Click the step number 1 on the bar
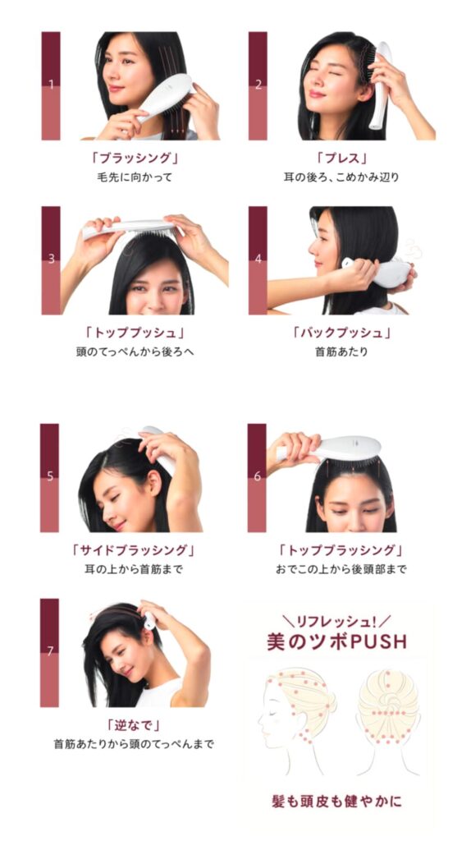tap(51, 85)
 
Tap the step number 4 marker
tap(258, 259)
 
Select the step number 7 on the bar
tap(50, 651)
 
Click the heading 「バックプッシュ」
tap(341, 333)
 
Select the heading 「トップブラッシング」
tap(341, 550)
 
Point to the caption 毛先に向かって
tap(134, 177)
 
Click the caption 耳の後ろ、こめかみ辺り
tap(341, 177)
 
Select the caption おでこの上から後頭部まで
tap(341, 569)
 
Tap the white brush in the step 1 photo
tap(163, 99)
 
